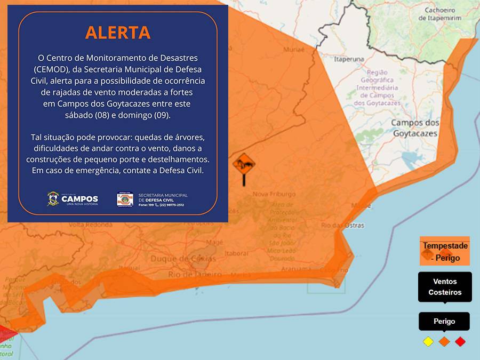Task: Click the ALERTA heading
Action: click(x=118, y=33)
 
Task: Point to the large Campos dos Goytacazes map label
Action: click(x=415, y=128)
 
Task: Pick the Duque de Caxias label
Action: click(x=183, y=259)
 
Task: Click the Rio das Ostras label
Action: click(x=343, y=225)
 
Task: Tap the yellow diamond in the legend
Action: click(x=428, y=341)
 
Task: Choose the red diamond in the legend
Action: click(x=460, y=341)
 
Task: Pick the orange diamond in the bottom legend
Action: click(x=444, y=341)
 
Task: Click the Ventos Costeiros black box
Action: click(x=445, y=287)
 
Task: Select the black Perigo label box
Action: click(x=444, y=322)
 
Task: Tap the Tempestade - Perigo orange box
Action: click(x=445, y=251)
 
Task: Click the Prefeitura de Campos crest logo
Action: click(x=53, y=199)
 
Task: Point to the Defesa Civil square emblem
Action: click(x=125, y=199)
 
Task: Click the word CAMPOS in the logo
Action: click(x=80, y=198)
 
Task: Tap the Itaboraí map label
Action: click(x=237, y=253)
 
